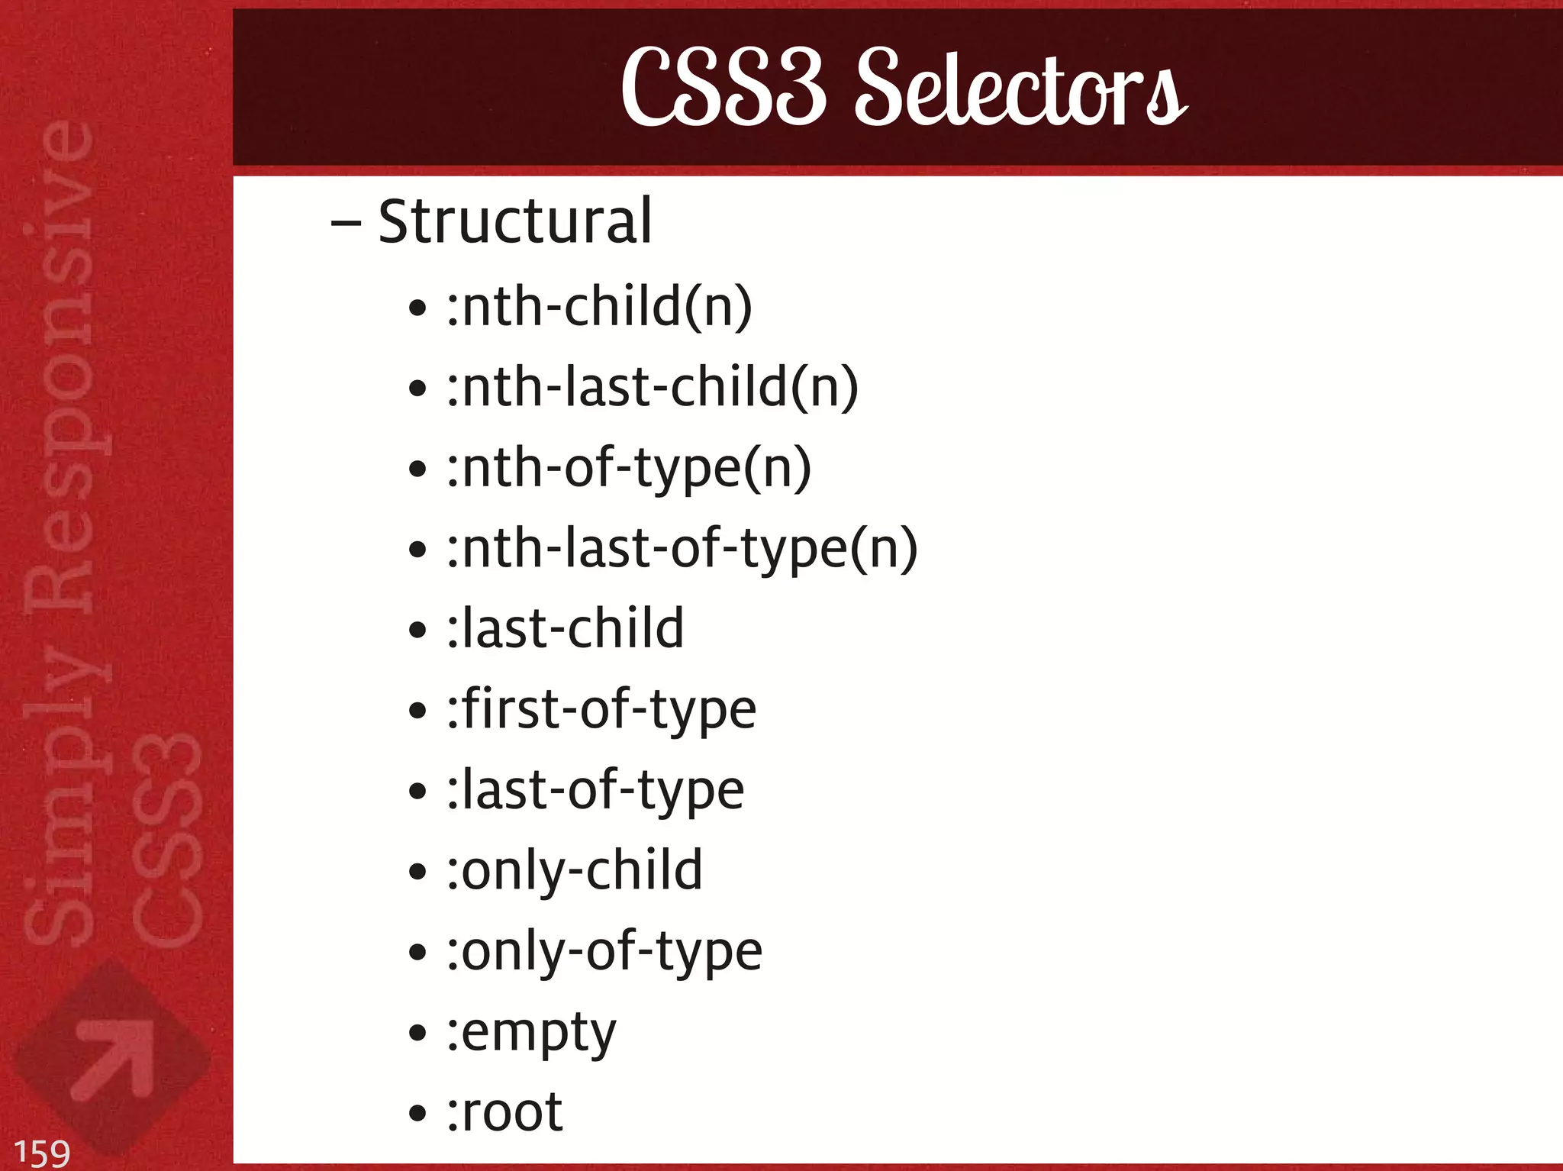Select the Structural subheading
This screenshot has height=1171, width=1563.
click(x=515, y=222)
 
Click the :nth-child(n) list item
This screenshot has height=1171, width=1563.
click(x=599, y=307)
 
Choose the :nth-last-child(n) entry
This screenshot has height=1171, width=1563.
click(x=653, y=387)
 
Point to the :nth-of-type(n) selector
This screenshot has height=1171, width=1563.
click(x=629, y=468)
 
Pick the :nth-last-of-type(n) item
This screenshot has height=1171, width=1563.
click(x=682, y=549)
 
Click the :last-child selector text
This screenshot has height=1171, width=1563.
click(x=565, y=629)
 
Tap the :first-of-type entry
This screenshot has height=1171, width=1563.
click(x=601, y=710)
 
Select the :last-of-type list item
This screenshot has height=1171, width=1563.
click(x=595, y=791)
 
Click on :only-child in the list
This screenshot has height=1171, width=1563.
click(x=574, y=871)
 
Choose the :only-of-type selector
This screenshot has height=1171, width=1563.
click(x=604, y=952)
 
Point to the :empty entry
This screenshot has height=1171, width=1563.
click(x=531, y=1033)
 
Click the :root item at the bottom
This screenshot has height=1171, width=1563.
click(x=504, y=1113)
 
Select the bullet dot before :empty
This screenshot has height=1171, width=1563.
click(x=417, y=1034)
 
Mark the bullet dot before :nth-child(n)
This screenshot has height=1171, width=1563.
click(x=417, y=308)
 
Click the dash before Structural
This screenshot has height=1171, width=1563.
click(x=346, y=224)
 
